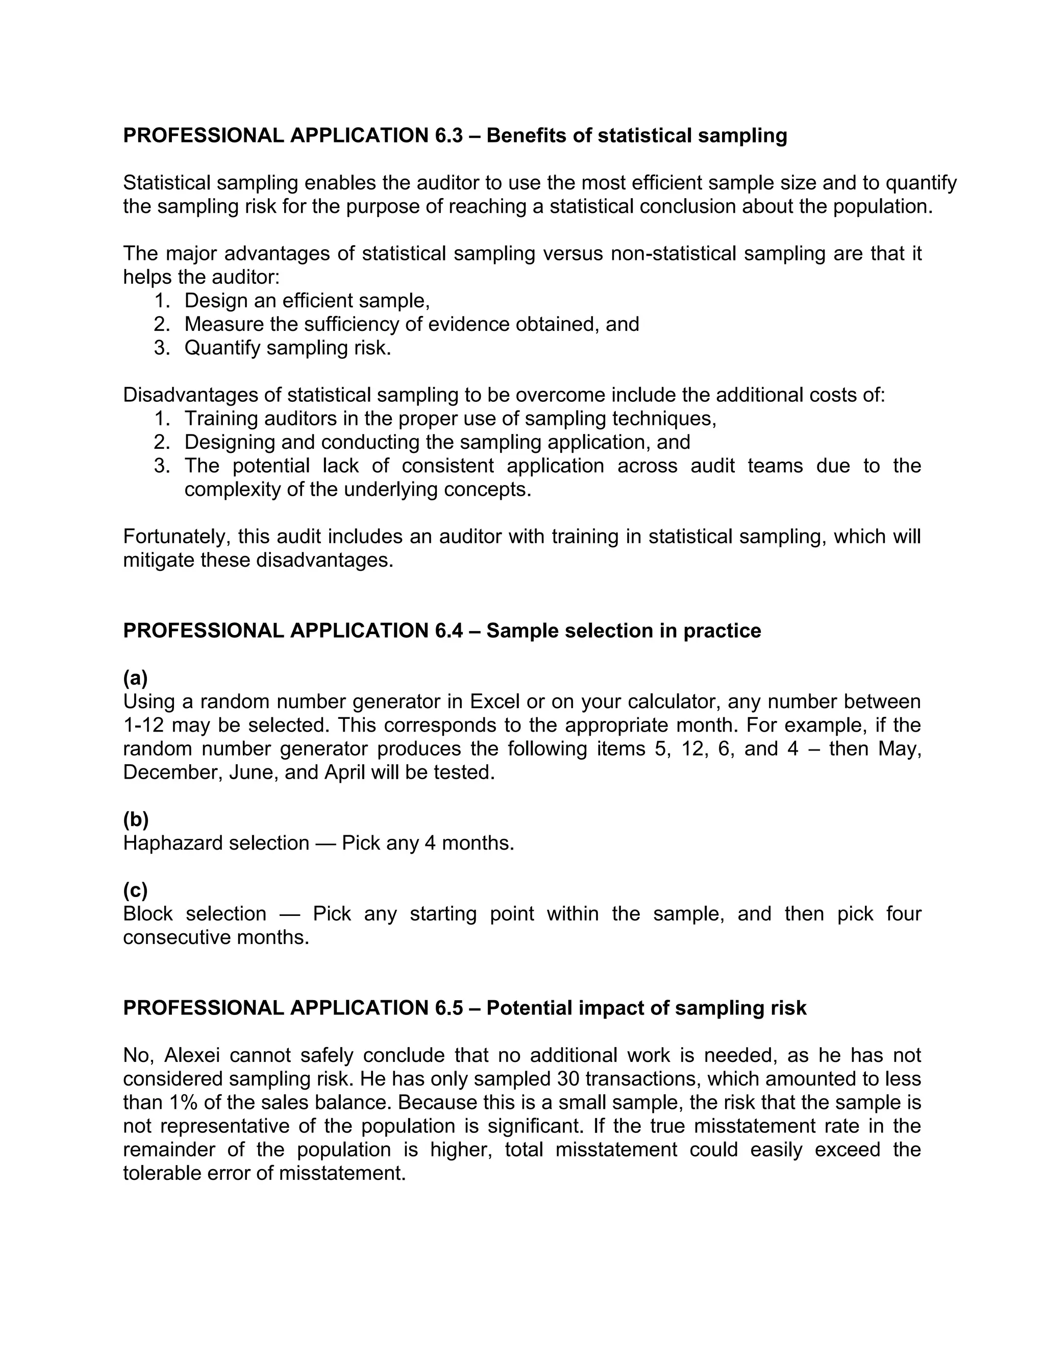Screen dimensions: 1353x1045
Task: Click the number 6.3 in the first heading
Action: pos(445,135)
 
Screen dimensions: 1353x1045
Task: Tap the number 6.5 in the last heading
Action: pos(445,1007)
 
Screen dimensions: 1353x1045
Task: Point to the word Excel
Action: pos(494,702)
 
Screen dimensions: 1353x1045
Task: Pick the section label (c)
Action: pos(135,890)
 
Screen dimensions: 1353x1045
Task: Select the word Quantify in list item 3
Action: pos(223,348)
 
